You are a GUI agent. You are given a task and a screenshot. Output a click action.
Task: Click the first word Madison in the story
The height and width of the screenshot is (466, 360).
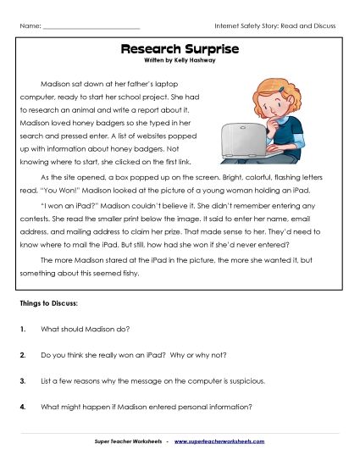pos(55,86)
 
